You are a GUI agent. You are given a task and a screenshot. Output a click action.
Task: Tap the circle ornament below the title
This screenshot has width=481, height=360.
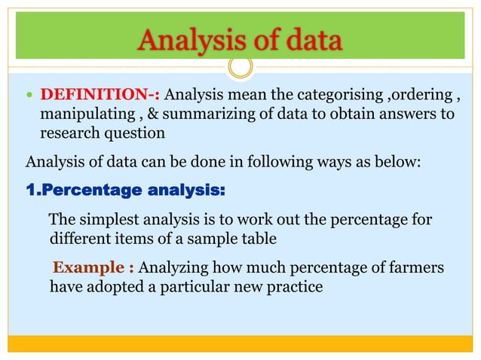(240, 67)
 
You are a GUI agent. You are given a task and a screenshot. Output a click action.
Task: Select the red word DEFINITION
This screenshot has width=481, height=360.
(96, 96)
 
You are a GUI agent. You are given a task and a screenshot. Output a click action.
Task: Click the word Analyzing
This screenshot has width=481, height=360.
(176, 268)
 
